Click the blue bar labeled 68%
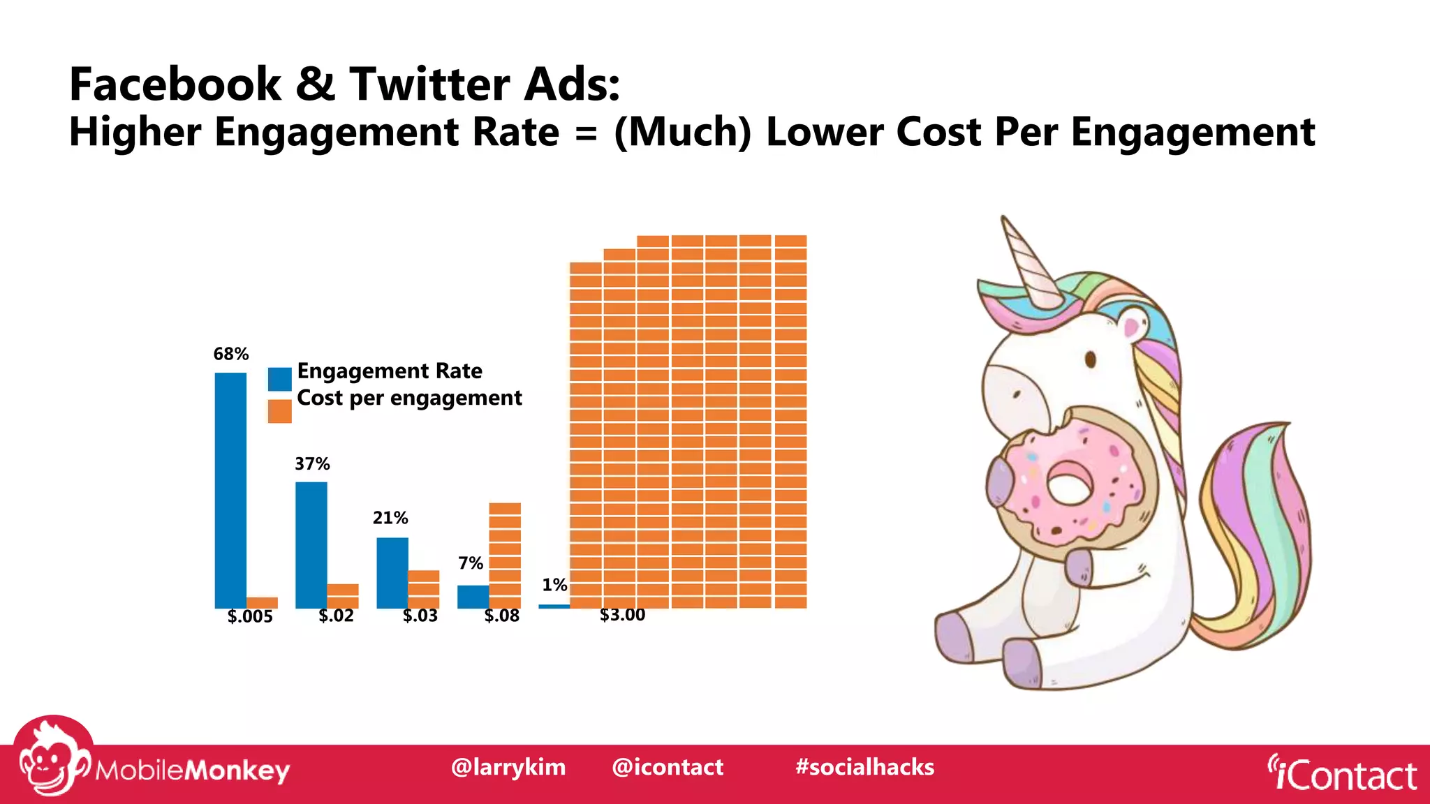tap(230, 490)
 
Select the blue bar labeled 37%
tap(311, 544)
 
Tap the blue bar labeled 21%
tap(392, 572)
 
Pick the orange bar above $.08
tap(505, 555)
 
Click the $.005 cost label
tap(250, 616)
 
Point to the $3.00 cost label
tap(622, 615)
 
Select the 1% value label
tap(554, 585)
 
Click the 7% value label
tap(471, 563)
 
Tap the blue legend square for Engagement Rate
tap(280, 379)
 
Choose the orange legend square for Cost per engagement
tap(280, 411)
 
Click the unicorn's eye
tap(1090, 360)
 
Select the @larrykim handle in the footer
tap(508, 767)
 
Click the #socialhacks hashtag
tap(864, 767)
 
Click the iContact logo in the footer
tap(1342, 774)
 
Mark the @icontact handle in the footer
tap(668, 767)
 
